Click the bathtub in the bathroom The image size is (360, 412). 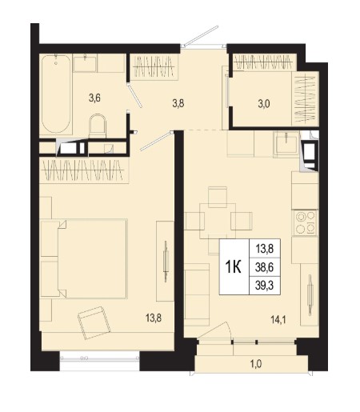pos(56,94)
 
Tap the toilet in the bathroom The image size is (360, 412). pos(98,126)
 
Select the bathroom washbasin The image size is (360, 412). pos(85,63)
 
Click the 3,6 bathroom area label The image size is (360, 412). pos(94,98)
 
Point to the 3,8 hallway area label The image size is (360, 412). pos(178,103)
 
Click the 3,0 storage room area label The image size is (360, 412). pos(264,104)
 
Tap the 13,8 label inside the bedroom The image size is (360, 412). pos(154,318)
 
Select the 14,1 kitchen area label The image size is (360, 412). pos(278,319)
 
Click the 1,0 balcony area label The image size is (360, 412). pos(256,364)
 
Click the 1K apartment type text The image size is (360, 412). pos(234,267)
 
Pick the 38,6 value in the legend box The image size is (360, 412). pos(264,267)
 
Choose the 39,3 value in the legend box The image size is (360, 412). pos(264,286)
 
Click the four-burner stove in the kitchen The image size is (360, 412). pos(306,222)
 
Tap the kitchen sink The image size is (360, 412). pos(286,143)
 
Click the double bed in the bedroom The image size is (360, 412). pos(84,258)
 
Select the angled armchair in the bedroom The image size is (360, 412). pos(94,323)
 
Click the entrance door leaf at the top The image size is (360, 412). pos(202,36)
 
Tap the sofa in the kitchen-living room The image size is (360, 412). pos(197,294)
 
